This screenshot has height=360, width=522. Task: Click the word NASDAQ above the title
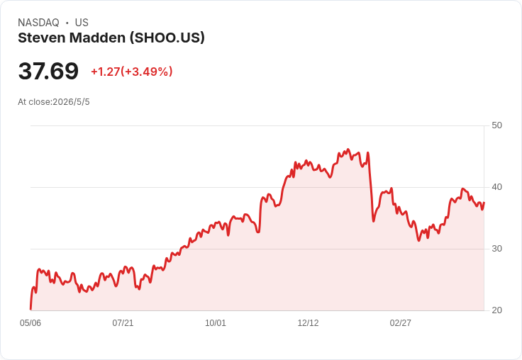38,23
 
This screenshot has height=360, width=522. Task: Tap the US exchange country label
82,23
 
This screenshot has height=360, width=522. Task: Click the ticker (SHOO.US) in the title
167,38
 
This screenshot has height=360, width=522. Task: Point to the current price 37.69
48,71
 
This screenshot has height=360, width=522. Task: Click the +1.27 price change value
105,72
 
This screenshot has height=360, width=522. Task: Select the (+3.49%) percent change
147,72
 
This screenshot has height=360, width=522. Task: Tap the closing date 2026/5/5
71,102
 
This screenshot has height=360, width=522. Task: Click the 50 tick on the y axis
496,125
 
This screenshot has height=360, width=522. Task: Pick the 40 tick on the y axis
496,187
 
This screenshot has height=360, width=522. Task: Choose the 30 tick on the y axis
496,249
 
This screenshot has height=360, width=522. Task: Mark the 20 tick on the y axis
496,310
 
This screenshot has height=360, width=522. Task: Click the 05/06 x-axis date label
30,322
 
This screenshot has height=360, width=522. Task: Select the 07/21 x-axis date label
123,322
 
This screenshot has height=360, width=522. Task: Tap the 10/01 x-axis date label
216,322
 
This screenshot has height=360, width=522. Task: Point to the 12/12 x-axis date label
308,322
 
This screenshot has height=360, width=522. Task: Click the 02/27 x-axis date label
401,322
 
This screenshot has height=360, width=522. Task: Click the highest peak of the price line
348,150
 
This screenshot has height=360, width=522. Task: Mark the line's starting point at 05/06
30,309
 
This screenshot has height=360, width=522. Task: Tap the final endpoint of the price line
484,202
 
